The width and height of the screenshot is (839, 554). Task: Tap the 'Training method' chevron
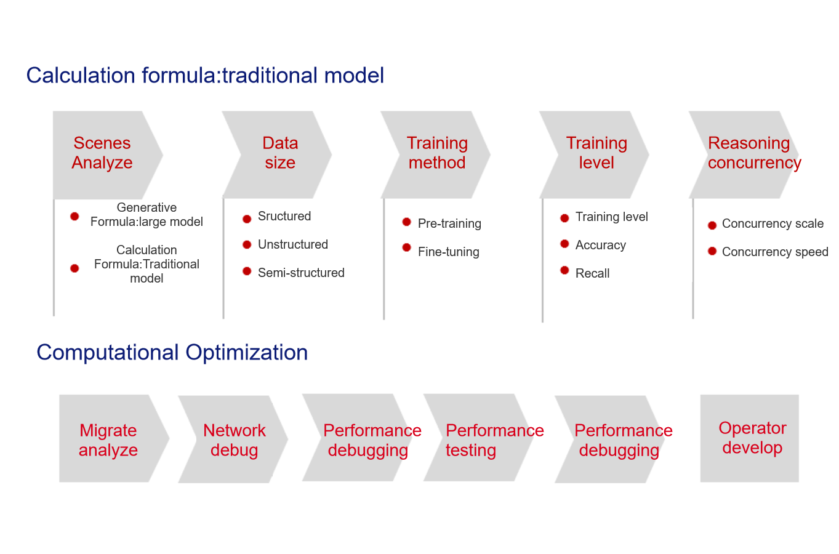(436, 155)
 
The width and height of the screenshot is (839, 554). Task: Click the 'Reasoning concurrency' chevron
(745, 155)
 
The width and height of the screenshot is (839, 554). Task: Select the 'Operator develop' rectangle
(750, 438)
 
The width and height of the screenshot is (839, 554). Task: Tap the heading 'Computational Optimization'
(172, 353)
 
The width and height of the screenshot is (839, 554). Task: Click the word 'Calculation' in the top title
(81, 75)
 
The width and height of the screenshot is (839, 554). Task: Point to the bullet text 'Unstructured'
(293, 244)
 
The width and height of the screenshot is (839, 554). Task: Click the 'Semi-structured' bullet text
(301, 273)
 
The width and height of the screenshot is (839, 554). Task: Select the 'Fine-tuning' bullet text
(448, 252)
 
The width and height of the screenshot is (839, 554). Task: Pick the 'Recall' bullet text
(592, 273)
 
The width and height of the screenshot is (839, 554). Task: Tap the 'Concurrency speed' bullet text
(775, 252)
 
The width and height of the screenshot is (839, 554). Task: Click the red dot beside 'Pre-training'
(406, 222)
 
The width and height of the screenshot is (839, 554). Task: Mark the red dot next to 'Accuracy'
(564, 244)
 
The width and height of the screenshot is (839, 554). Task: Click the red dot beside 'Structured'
(247, 219)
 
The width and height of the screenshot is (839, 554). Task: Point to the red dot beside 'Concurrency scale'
(712, 225)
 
